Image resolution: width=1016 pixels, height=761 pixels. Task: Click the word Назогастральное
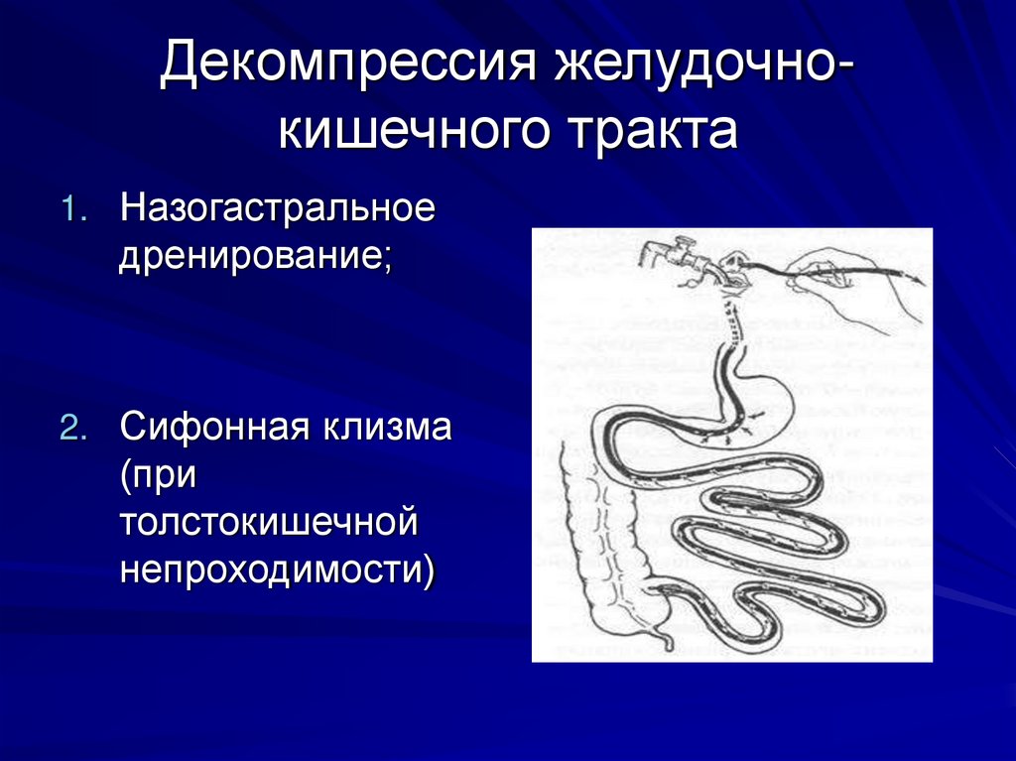pyautogui.click(x=278, y=209)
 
